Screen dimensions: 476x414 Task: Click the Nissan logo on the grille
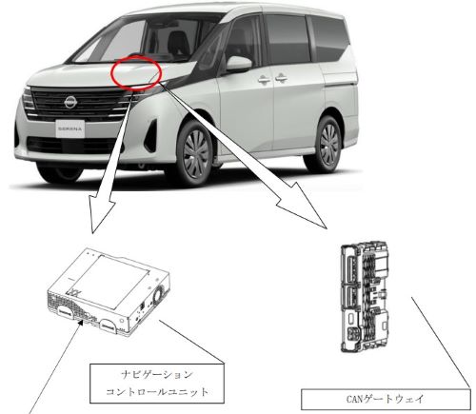70,102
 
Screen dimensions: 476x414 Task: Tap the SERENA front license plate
70,128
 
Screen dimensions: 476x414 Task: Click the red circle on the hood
136,71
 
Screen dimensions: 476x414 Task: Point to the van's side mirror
238,64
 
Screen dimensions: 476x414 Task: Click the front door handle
263,79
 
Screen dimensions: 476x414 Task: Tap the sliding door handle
281,78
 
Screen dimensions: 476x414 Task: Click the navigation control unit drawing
109,292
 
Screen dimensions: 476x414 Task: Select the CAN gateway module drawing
365,297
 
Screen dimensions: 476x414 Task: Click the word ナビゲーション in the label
157,375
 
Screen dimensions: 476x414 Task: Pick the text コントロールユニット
157,392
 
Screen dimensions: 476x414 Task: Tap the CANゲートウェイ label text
385,399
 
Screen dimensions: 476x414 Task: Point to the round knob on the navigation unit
158,294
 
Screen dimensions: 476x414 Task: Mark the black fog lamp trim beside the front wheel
151,135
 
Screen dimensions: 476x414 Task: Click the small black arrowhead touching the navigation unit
82,323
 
